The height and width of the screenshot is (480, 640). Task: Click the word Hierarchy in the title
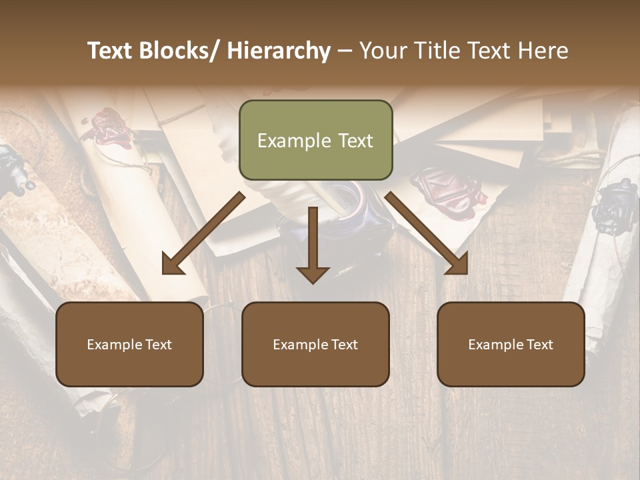pos(279,51)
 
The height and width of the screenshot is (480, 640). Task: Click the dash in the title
pos(345,51)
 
